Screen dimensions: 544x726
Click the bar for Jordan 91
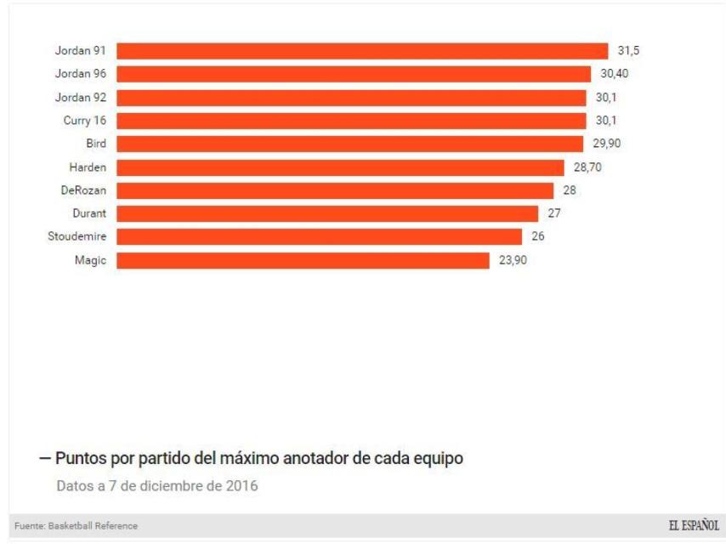point(361,51)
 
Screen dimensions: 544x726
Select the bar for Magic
point(303,260)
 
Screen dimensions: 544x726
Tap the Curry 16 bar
point(350,121)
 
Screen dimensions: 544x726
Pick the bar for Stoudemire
point(319,237)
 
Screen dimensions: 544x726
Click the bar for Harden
point(340,167)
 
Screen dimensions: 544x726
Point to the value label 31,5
point(628,51)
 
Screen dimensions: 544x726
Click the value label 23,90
point(513,260)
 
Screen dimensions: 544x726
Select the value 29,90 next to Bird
point(606,144)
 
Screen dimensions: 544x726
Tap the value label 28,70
point(587,167)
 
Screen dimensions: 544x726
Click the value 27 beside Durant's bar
point(554,213)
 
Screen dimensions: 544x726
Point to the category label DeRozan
point(83,190)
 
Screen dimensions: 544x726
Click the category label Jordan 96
point(80,74)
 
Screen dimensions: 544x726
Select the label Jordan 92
point(80,97)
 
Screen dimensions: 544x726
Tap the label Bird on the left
point(96,144)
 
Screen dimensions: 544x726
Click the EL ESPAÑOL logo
point(694,525)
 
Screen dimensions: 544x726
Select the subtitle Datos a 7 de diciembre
point(156,487)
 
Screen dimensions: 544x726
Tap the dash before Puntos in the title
point(45,459)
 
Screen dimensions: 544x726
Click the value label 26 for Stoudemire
point(537,237)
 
